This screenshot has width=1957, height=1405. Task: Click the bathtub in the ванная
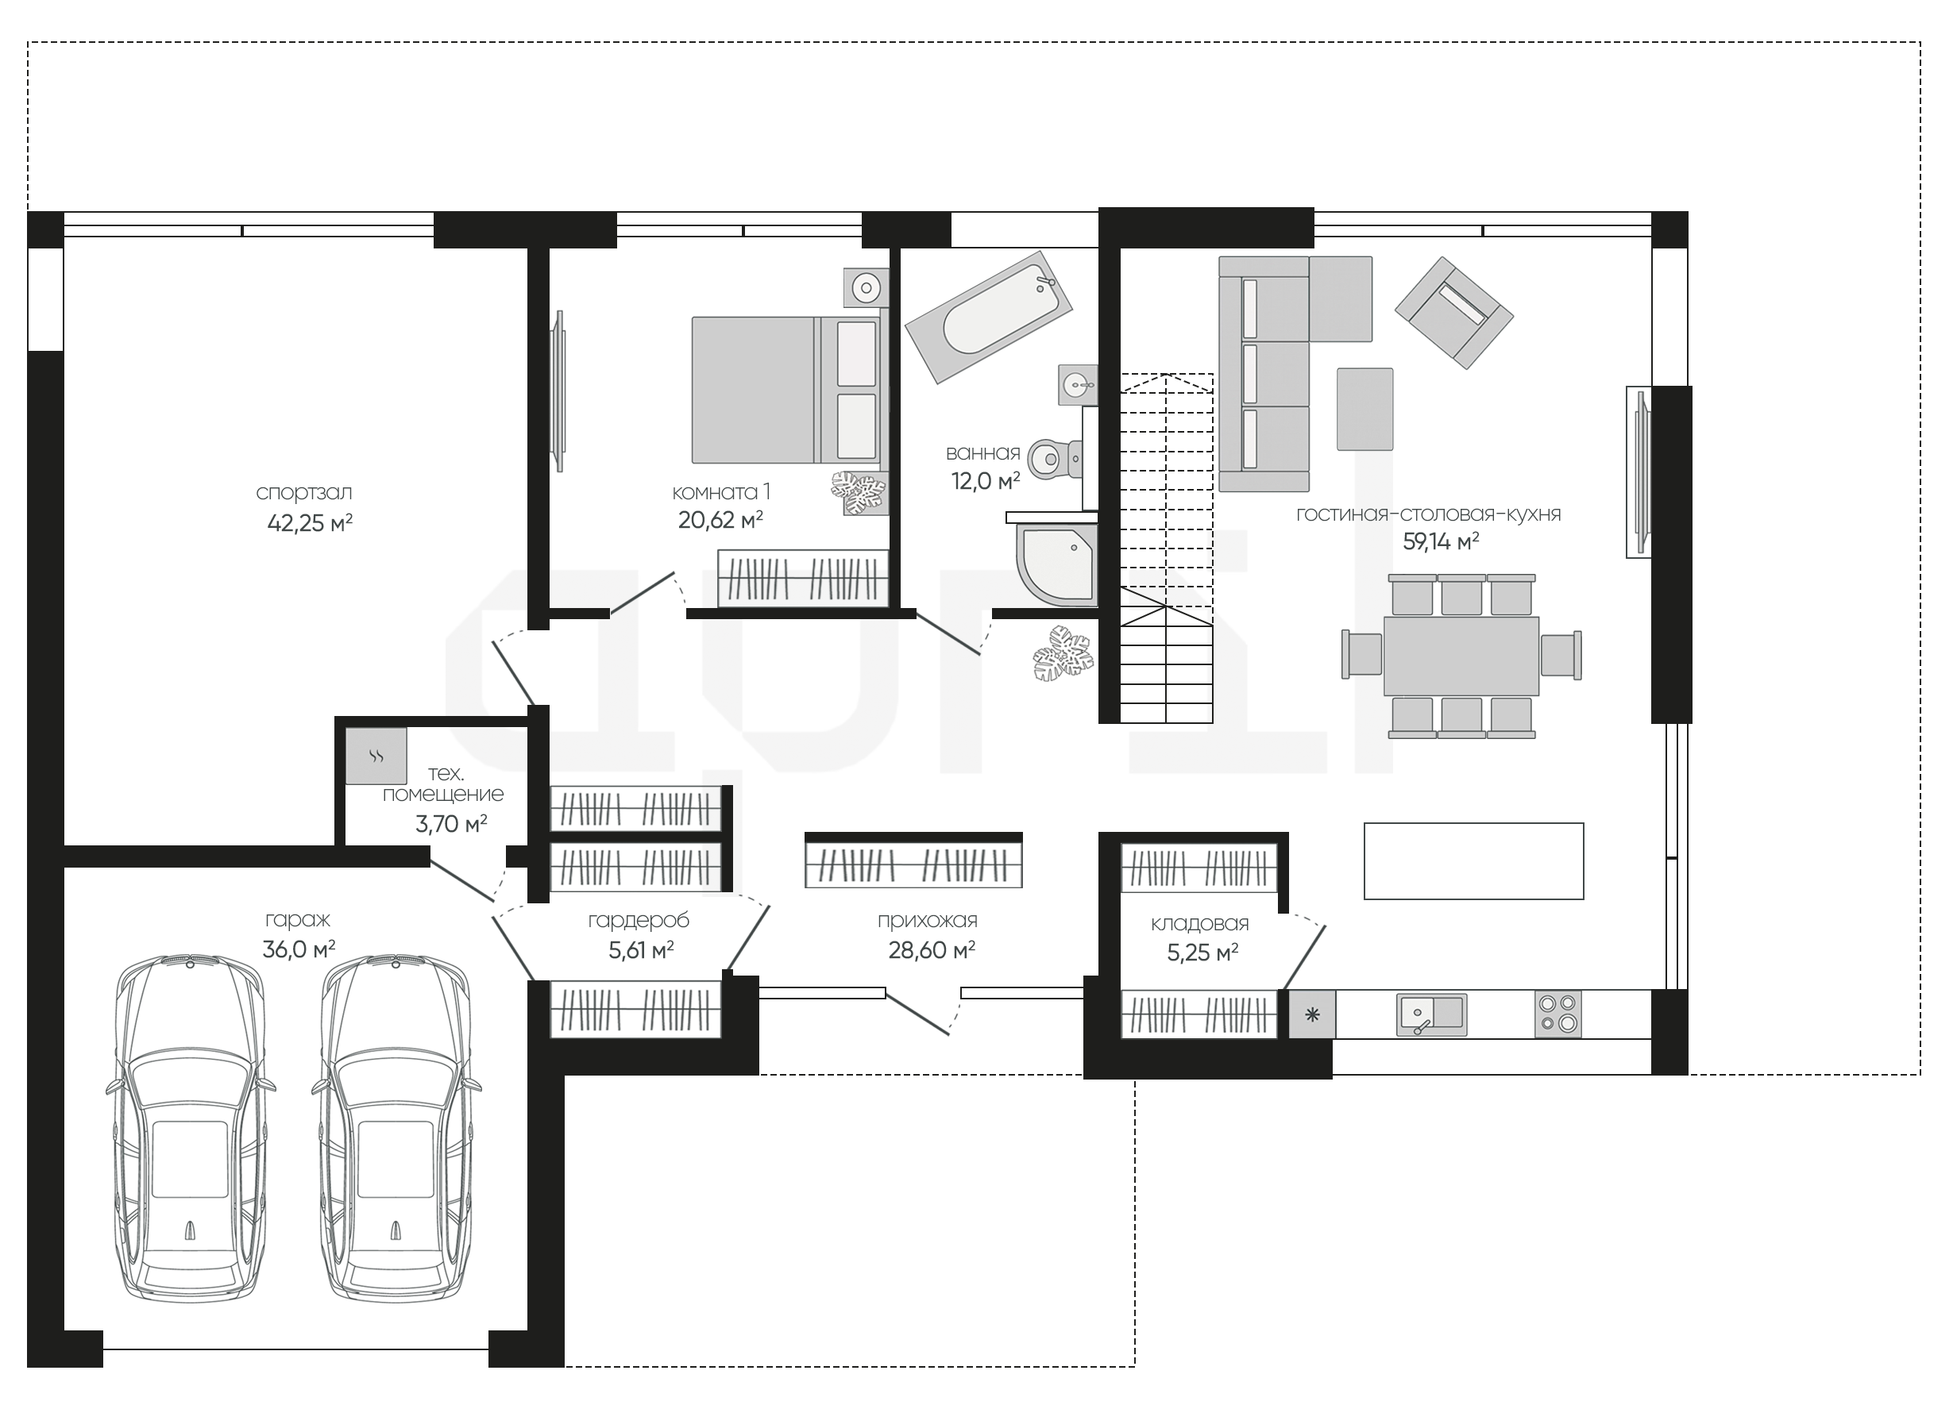tap(989, 317)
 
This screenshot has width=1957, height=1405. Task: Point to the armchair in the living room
tap(1454, 312)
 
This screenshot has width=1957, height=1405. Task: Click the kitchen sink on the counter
tap(1431, 1014)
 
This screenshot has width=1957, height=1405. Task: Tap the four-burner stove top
tap(1558, 1014)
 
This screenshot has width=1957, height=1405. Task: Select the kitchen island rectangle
tap(1474, 860)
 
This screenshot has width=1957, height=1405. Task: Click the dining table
tap(1461, 656)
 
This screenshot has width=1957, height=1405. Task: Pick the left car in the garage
tap(190, 1129)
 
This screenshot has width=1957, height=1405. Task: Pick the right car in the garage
tap(397, 1129)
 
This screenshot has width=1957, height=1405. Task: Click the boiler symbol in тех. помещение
tap(376, 756)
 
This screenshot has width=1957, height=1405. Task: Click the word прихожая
tap(928, 921)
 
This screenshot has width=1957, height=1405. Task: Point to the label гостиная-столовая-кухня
tap(1429, 514)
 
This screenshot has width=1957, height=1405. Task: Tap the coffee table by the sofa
tap(1365, 409)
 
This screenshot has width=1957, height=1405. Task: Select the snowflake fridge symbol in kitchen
tap(1312, 1014)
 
